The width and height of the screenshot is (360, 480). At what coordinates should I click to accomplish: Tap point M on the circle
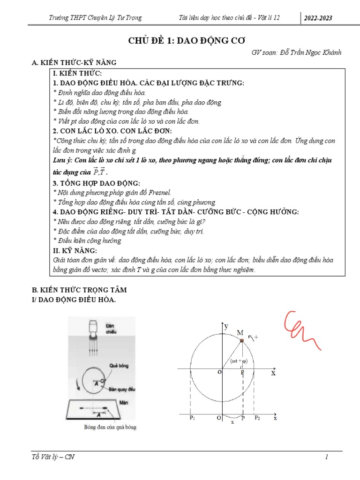coord(242,341)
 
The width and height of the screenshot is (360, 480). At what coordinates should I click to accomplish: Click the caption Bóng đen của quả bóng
coord(110,427)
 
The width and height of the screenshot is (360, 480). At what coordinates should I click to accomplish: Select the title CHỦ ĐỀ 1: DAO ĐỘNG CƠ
coord(180,41)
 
